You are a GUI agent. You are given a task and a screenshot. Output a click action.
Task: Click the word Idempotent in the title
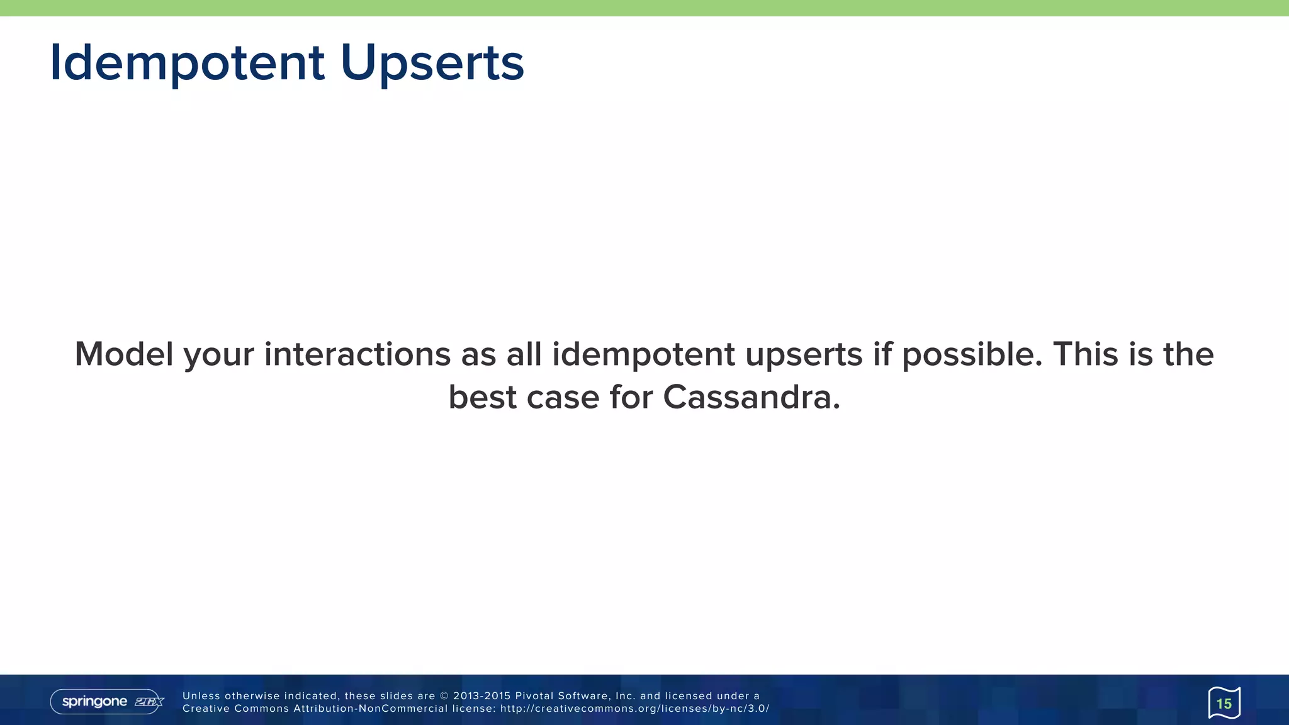click(x=187, y=63)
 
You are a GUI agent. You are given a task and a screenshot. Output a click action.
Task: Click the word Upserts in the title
click(x=432, y=63)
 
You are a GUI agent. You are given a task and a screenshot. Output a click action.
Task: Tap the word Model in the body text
click(x=123, y=354)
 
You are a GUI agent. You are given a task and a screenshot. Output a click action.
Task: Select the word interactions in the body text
click(x=357, y=354)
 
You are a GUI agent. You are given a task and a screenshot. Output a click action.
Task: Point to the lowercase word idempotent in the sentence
click(x=643, y=354)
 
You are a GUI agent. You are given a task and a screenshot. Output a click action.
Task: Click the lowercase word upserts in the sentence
click(x=804, y=355)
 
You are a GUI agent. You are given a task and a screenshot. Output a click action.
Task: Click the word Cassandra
click(x=751, y=397)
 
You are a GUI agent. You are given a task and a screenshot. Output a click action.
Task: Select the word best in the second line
click(x=482, y=397)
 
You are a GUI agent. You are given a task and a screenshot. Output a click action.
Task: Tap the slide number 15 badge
click(x=1224, y=703)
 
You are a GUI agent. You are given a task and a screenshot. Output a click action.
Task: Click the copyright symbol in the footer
click(x=444, y=696)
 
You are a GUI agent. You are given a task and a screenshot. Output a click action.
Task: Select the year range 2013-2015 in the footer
click(x=481, y=696)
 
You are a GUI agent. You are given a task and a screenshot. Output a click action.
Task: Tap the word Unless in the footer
click(x=201, y=696)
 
